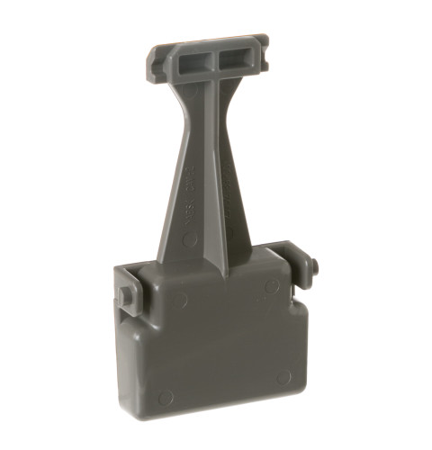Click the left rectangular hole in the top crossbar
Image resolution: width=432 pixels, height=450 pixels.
193,60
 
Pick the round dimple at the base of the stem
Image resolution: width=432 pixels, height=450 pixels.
190,241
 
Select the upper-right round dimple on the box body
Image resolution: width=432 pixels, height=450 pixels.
270,285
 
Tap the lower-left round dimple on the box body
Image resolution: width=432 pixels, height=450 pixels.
166,395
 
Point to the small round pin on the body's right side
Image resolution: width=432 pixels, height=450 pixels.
314,266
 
